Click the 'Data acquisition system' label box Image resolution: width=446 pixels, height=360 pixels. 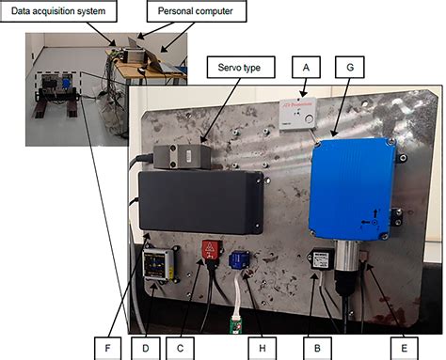point(58,12)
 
